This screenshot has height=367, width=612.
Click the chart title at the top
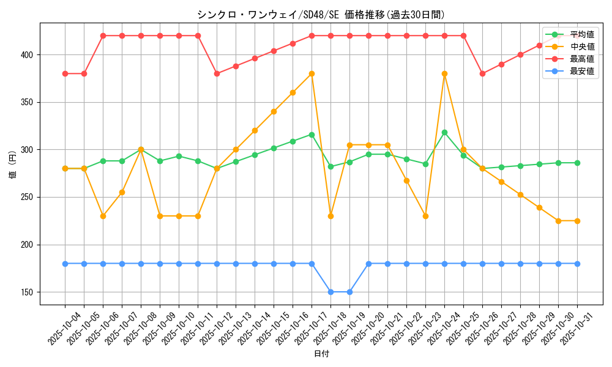point(321,15)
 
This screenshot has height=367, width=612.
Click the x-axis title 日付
point(321,354)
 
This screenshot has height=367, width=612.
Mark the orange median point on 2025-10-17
point(312,74)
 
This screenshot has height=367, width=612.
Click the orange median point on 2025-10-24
point(444,74)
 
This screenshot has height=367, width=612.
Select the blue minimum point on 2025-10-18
point(330,292)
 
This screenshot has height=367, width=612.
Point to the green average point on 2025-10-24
point(444,132)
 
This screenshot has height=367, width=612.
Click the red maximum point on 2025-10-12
point(217,73)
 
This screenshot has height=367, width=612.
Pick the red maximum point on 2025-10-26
point(482,73)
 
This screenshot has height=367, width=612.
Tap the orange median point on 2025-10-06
point(103,216)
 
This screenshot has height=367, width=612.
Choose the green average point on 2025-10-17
point(312,135)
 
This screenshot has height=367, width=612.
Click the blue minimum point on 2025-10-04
point(65,264)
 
